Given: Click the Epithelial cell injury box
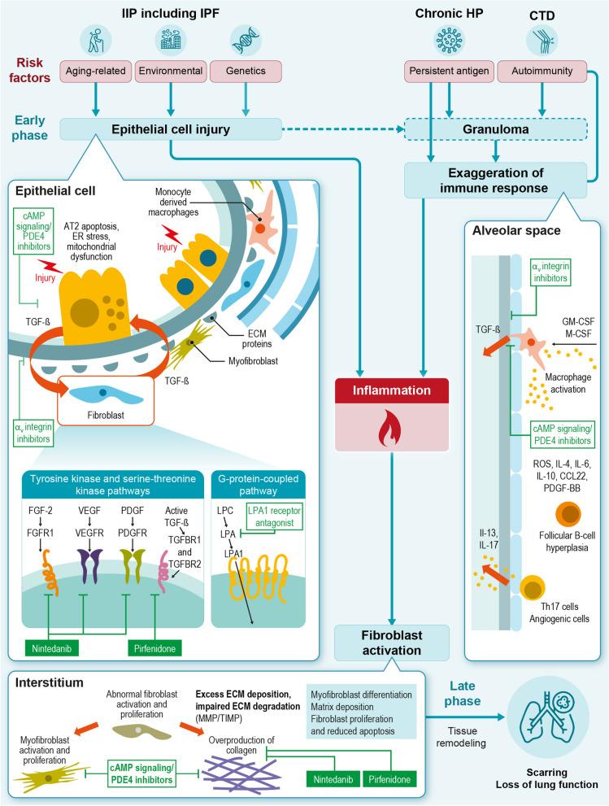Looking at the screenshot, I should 170,128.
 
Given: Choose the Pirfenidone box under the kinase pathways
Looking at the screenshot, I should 159,648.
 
